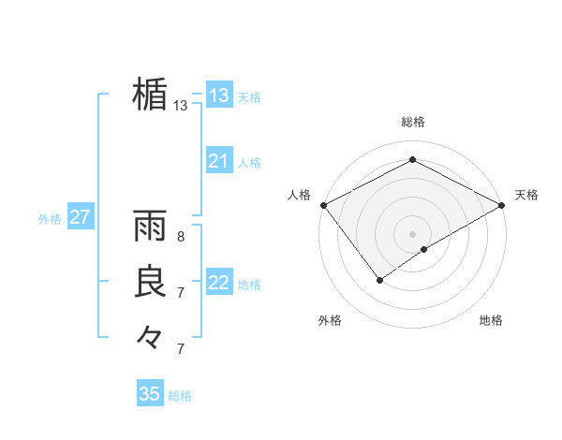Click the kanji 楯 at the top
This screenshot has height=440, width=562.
(150, 95)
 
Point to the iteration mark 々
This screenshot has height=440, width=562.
(150, 336)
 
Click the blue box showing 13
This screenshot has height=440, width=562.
(219, 95)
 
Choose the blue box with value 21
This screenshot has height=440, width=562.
(219, 161)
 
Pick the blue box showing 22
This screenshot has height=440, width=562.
(219, 283)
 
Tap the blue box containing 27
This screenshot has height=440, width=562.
(80, 218)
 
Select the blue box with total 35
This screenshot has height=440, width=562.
(150, 394)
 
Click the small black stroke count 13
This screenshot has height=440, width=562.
(181, 106)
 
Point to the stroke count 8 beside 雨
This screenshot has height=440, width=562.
(181, 237)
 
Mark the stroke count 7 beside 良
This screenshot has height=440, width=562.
(181, 293)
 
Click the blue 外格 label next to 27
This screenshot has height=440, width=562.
(50, 219)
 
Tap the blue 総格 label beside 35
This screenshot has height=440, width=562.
(180, 396)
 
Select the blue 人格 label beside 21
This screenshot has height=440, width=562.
(249, 163)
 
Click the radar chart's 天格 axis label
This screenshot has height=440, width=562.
(526, 195)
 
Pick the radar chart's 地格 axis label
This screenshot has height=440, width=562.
(491, 320)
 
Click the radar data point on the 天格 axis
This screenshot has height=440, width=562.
(503, 205)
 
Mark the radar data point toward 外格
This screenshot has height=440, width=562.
(380, 279)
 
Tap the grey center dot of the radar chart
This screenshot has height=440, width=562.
(412, 233)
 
